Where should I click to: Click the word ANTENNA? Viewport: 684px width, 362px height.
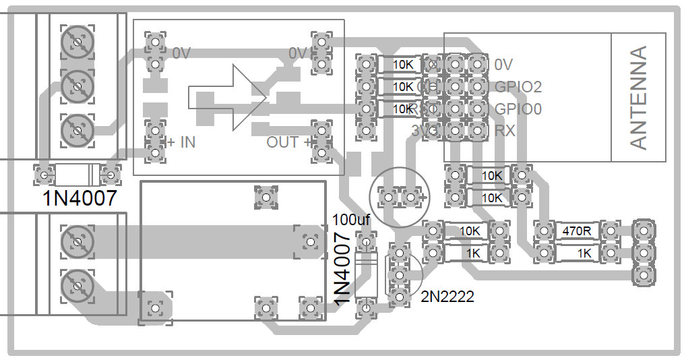click(x=638, y=98)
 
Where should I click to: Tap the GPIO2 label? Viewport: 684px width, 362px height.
click(x=518, y=87)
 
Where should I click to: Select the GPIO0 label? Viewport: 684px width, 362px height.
click(x=518, y=109)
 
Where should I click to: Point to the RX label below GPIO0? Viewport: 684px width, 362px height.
click(x=505, y=130)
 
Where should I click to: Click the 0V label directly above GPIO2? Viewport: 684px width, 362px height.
click(x=503, y=65)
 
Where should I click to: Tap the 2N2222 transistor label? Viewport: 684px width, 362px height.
click(x=447, y=296)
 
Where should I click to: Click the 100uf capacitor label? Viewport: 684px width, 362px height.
click(x=352, y=219)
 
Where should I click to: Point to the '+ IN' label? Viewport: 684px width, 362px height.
click(x=181, y=142)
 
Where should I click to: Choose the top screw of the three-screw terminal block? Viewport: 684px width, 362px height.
click(x=75, y=42)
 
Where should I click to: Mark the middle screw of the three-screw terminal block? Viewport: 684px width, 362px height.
click(x=75, y=85)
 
